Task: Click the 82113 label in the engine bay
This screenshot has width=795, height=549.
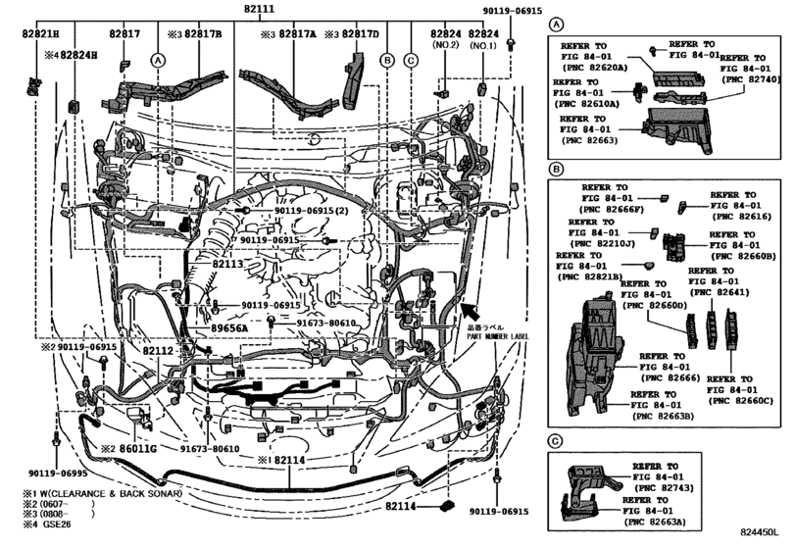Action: pos(227,265)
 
